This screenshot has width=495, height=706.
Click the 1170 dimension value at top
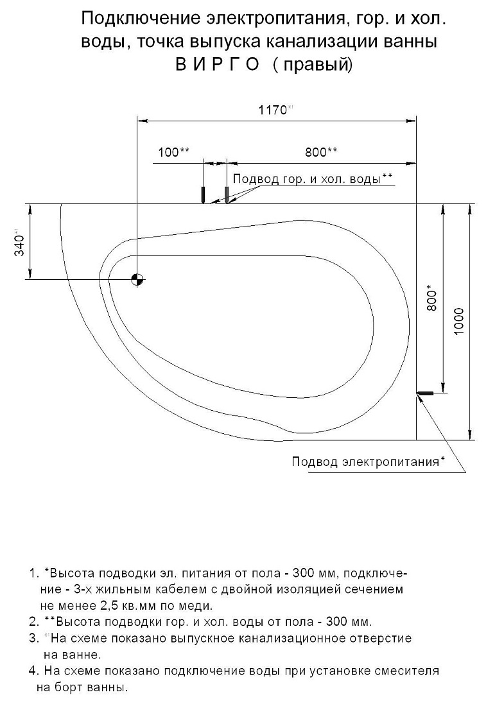(x=273, y=110)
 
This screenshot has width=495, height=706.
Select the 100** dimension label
(x=174, y=152)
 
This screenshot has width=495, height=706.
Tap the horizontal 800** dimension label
(x=321, y=152)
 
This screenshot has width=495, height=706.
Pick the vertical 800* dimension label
(x=431, y=298)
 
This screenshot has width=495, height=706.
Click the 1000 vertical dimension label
(x=458, y=322)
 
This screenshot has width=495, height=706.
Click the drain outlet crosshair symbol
(x=137, y=279)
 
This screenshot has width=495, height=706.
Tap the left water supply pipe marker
(x=204, y=194)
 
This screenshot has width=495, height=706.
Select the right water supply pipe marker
(x=227, y=194)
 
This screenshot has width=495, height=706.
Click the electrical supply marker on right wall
(x=425, y=393)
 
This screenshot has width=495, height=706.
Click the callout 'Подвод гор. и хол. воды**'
(x=313, y=179)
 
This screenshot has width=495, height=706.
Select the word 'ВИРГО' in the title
(x=218, y=65)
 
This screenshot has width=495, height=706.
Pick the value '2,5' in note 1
(x=109, y=606)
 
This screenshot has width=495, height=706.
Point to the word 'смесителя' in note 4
(x=408, y=671)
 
